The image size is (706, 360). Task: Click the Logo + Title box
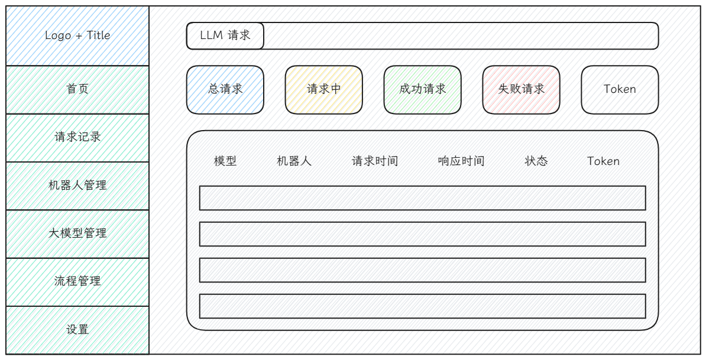point(77,35)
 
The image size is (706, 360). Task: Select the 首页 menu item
point(77,89)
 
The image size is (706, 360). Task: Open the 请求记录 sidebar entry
point(77,138)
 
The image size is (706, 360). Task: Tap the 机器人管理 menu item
point(77,186)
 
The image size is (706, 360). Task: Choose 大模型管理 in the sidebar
point(77,234)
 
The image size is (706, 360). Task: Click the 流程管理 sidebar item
point(77,282)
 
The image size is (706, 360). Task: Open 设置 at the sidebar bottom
point(77,330)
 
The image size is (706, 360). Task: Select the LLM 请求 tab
point(225,35)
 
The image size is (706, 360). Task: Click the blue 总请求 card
point(225,89)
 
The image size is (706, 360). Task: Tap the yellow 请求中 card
point(324,89)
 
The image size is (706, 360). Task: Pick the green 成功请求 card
point(422,89)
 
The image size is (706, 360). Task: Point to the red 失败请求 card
point(521,89)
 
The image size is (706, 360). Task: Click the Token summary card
point(620,89)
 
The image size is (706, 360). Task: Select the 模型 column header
point(225,161)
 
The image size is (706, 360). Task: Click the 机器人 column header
point(294,161)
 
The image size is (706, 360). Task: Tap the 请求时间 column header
point(375,161)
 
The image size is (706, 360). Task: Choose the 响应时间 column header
point(461,161)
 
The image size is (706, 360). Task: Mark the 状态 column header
point(536,161)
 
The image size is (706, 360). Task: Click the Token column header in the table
point(603,161)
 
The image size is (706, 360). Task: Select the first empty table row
point(422,198)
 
